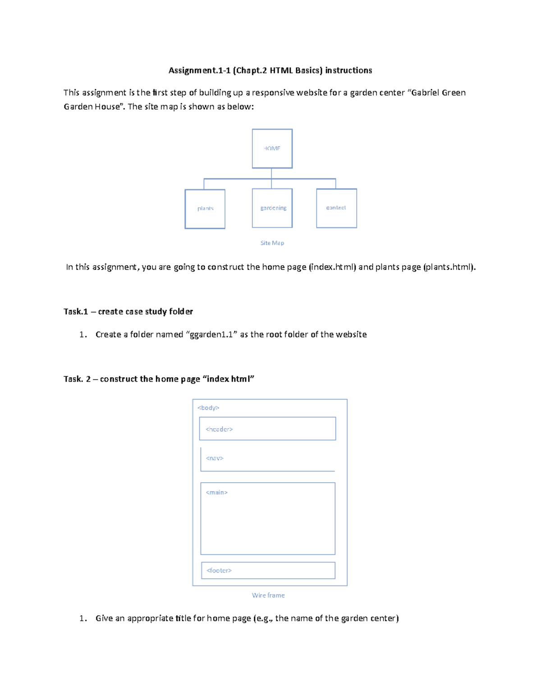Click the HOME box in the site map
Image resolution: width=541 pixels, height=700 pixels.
272,149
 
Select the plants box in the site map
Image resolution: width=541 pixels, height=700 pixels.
205,209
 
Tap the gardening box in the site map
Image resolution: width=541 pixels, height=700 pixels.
272,208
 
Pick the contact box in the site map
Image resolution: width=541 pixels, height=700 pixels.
336,208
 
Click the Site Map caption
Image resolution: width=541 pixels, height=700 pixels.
272,243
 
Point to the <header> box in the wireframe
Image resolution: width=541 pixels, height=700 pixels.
267,429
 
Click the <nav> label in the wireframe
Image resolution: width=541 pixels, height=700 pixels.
215,458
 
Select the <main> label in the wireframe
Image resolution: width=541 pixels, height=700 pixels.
216,493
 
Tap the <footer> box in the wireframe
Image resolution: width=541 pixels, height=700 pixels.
268,571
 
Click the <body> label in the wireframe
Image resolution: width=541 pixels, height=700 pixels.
208,408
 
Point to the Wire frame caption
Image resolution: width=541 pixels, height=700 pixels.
268,595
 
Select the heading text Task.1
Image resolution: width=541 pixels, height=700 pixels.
76,311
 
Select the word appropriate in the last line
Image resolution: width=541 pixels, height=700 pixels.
147,618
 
